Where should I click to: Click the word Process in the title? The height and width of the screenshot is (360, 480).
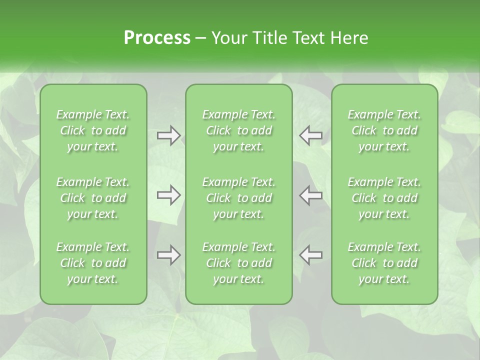pyautogui.click(x=157, y=38)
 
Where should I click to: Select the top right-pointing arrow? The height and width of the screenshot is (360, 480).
pyautogui.click(x=168, y=135)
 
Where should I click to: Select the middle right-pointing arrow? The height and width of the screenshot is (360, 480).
pyautogui.click(x=168, y=195)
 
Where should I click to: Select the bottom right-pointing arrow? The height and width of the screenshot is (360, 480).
pyautogui.click(x=168, y=255)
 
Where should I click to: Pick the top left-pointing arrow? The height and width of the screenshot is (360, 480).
pyautogui.click(x=310, y=135)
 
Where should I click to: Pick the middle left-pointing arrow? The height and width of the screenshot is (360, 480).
pyautogui.click(x=310, y=195)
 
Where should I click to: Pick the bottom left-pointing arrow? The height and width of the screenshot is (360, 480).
pyautogui.click(x=310, y=255)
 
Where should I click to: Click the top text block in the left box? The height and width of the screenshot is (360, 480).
pyautogui.click(x=93, y=130)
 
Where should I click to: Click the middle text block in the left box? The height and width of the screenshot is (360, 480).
pyautogui.click(x=93, y=198)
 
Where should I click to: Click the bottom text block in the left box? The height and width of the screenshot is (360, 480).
pyautogui.click(x=93, y=263)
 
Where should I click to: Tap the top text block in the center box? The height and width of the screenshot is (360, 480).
pyautogui.click(x=239, y=130)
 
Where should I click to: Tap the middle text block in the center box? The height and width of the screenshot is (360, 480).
pyautogui.click(x=239, y=198)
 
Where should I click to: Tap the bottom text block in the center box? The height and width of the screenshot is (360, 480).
pyautogui.click(x=239, y=263)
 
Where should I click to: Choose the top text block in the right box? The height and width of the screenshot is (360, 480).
pyautogui.click(x=384, y=130)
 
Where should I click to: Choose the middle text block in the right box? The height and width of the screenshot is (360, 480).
pyautogui.click(x=384, y=198)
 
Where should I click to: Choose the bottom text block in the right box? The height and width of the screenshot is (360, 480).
pyautogui.click(x=384, y=263)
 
